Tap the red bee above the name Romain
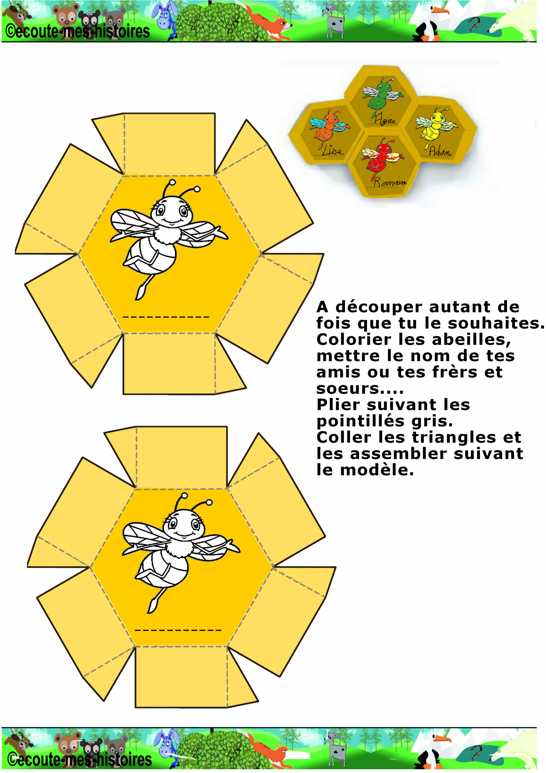[381, 157]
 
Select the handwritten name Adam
[440, 151]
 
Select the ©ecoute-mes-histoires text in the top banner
[78, 31]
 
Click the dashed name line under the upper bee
[166, 317]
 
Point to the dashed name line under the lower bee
[178, 630]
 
